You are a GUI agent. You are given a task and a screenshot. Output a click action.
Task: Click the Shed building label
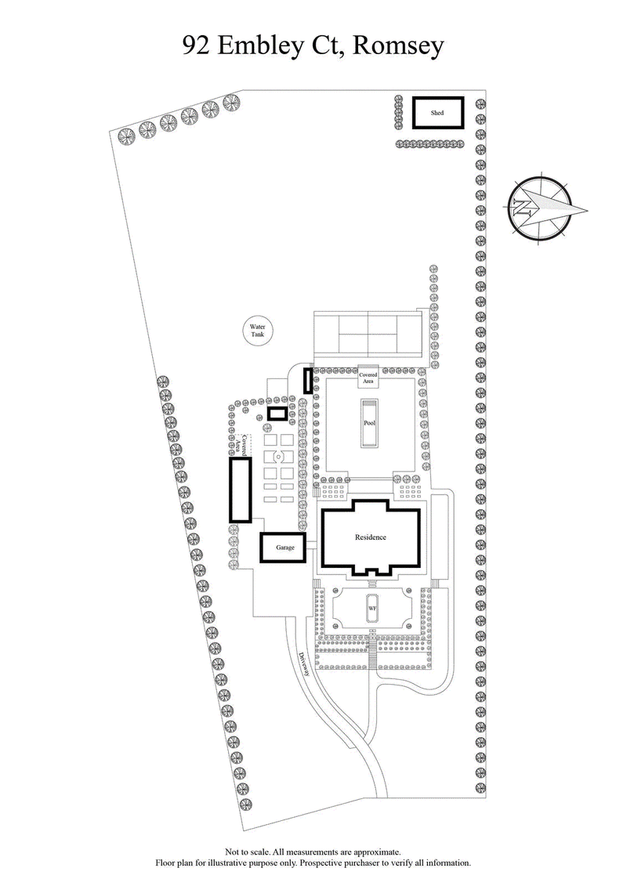point(437,114)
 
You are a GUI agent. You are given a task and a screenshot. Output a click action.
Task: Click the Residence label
point(371,537)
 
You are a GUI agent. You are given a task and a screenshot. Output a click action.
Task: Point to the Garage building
point(285,548)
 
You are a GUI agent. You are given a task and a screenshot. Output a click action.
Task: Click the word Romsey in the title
point(399,46)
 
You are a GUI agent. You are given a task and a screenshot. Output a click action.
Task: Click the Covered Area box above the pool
point(368,375)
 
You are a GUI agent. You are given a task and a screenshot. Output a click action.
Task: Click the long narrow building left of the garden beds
point(239,490)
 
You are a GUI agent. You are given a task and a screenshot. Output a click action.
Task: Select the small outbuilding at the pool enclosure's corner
point(308,381)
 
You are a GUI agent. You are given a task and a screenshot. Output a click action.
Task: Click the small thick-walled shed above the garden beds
point(277,413)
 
